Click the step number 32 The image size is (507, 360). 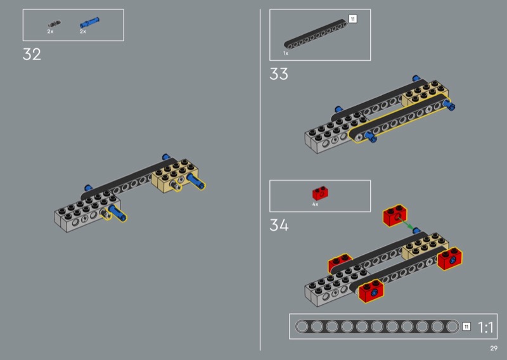pos(32,55)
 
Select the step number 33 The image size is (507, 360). pos(279,74)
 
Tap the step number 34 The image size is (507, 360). pos(279,225)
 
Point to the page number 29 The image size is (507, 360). pos(494,349)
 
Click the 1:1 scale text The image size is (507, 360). pos(485,327)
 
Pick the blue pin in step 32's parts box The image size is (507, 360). pos(89,23)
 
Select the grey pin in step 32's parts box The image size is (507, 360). pos(55,23)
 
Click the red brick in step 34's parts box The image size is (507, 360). pos(320,193)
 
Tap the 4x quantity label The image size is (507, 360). pos(315,205)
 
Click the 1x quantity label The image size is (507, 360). pos(286,53)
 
